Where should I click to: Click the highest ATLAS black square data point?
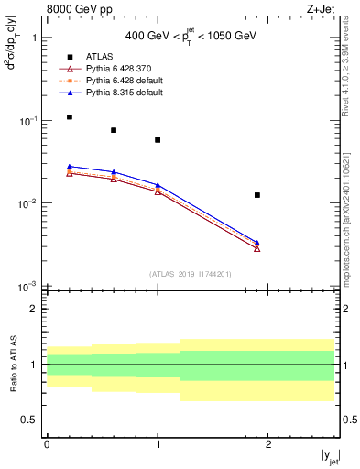click(x=70, y=117)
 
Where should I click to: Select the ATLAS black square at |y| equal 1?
click(x=158, y=140)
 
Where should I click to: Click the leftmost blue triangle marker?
click(x=70, y=167)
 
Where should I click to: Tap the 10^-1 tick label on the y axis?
click(x=29, y=121)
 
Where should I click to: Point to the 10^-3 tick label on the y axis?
click(x=29, y=287)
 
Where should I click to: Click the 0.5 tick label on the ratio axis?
click(x=31, y=420)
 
